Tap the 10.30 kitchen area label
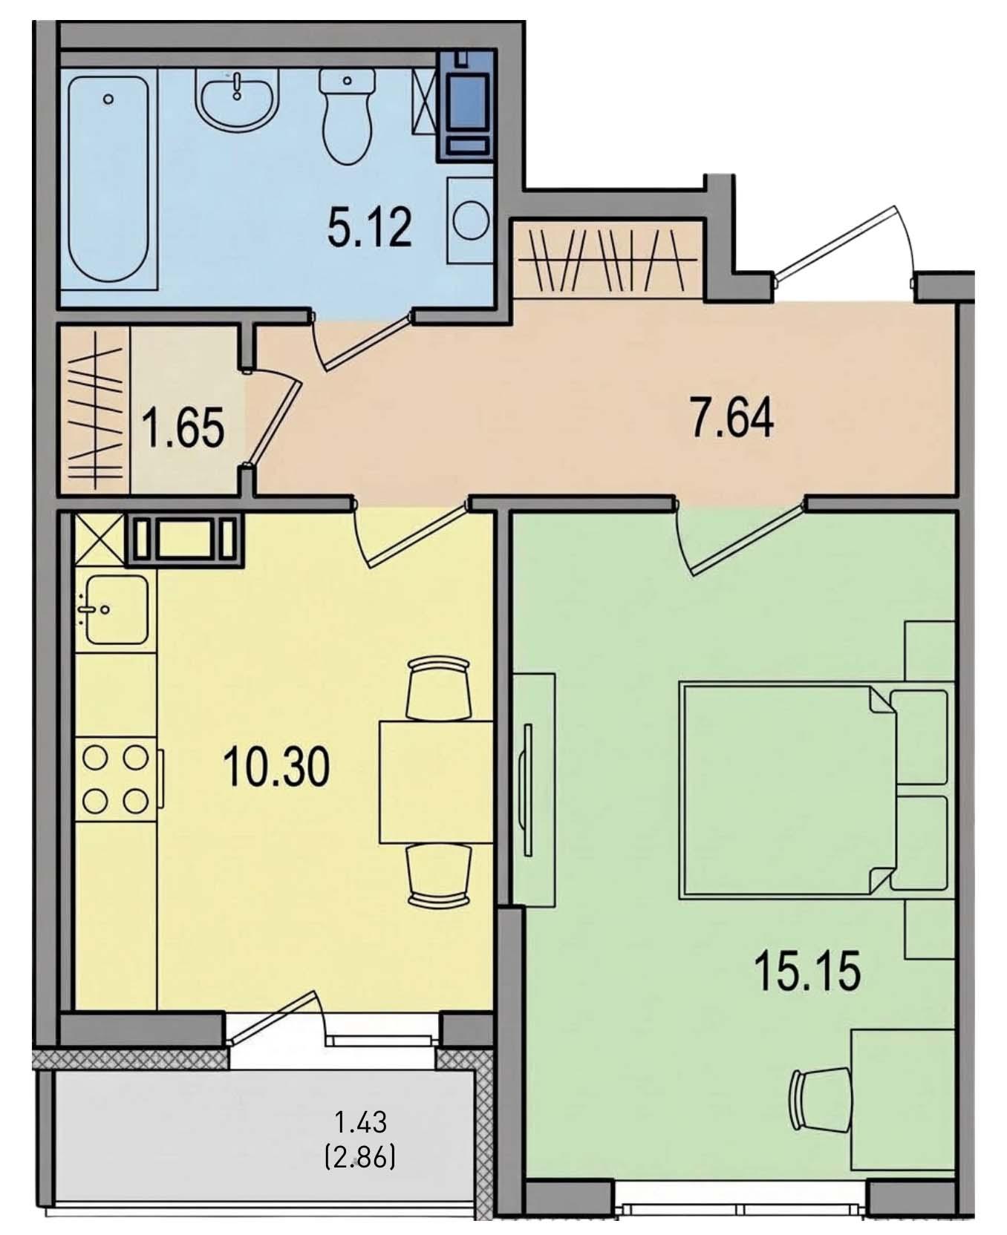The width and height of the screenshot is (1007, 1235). (x=276, y=767)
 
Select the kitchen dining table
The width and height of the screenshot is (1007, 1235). (x=437, y=782)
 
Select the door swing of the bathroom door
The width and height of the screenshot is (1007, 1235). (x=364, y=341)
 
